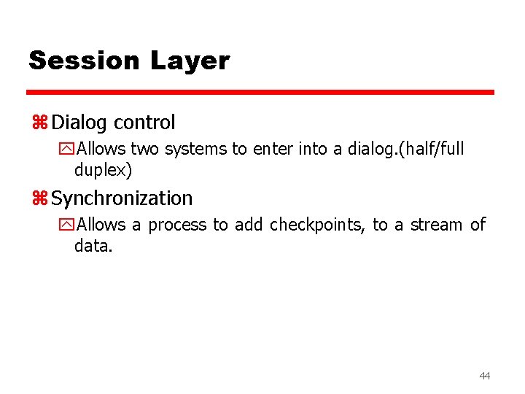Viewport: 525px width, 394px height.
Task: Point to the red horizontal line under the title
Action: [260, 93]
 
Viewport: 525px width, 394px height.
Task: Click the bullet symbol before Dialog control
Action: [39, 123]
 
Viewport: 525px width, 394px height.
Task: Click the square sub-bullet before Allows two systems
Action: [68, 150]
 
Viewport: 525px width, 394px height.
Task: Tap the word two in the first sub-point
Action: [145, 149]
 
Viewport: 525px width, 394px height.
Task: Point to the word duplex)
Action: [103, 171]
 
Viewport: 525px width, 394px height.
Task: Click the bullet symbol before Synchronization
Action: [39, 198]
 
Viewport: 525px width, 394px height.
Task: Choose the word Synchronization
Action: [122, 198]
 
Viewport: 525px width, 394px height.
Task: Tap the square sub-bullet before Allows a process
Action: [68, 225]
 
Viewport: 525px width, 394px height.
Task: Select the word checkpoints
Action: [317, 225]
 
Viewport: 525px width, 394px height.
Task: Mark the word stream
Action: [436, 225]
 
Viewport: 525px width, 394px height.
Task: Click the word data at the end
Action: [93, 247]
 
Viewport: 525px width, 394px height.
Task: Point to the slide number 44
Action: [485, 376]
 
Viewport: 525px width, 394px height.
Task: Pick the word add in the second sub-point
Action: [249, 225]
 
